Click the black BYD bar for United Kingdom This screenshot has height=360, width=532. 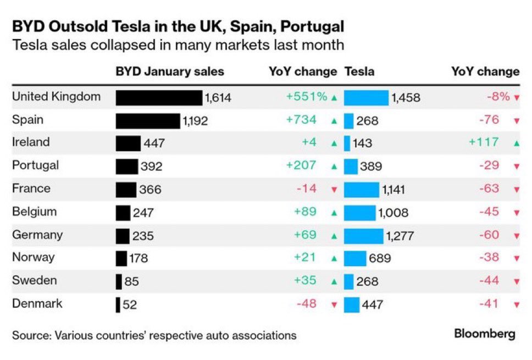(x=159, y=98)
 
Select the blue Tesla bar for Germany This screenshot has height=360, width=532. (x=363, y=236)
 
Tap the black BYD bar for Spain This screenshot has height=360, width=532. (x=147, y=121)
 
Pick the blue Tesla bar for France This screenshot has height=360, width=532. (x=361, y=190)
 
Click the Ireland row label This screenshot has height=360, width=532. (x=31, y=142)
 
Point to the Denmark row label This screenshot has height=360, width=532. (x=37, y=304)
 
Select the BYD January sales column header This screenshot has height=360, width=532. (x=170, y=71)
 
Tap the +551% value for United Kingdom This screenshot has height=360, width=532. (x=306, y=97)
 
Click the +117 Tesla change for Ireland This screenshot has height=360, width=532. (x=484, y=142)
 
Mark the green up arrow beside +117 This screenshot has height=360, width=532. (x=516, y=143)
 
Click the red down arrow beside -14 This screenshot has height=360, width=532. (x=334, y=190)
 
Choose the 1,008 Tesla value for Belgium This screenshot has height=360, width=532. (x=393, y=213)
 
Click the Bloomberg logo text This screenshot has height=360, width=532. (x=484, y=334)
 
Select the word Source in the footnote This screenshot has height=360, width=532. (x=31, y=335)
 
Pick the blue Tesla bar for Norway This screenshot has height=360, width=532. (x=355, y=258)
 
